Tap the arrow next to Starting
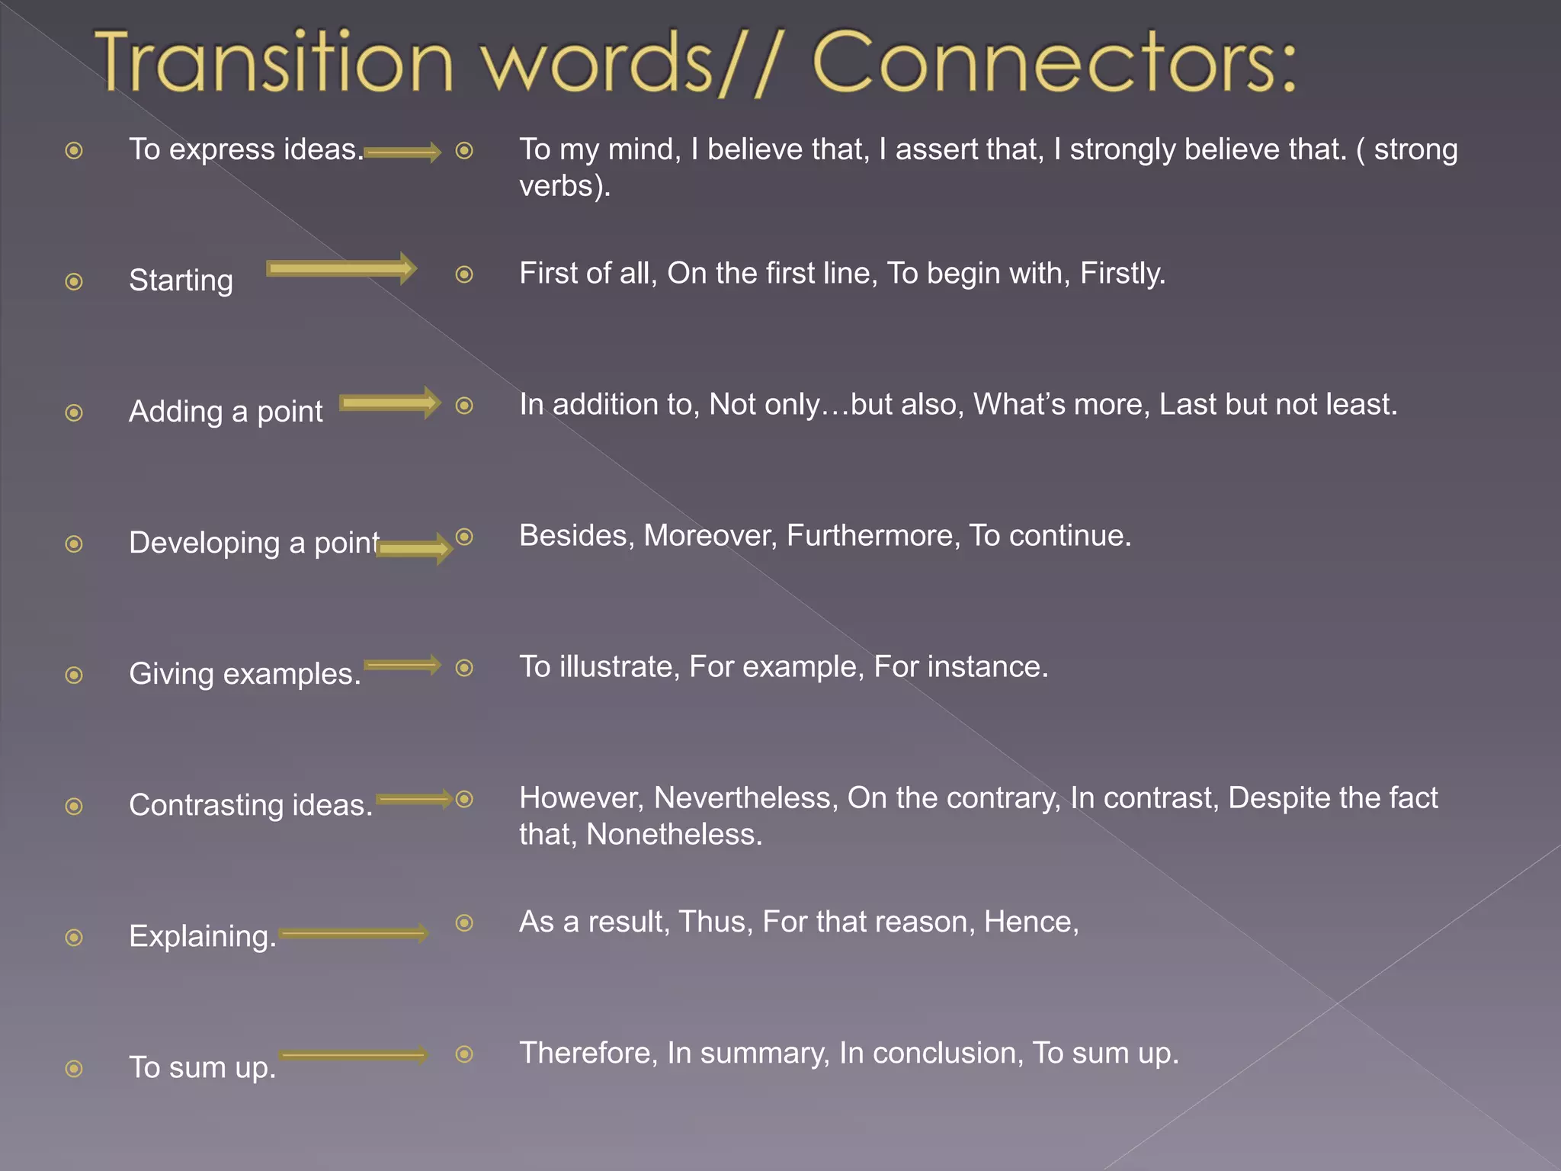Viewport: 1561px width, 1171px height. pyautogui.click(x=341, y=268)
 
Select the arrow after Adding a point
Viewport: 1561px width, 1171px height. pyautogui.click(x=389, y=403)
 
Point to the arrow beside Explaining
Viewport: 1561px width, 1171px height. pyautogui.click(x=354, y=933)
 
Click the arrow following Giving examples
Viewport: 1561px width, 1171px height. pyautogui.click(x=402, y=665)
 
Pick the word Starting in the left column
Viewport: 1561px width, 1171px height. pyautogui.click(x=181, y=281)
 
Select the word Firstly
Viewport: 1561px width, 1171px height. pyautogui.click(x=1122, y=273)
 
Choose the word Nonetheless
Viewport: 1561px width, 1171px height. pyautogui.click(x=674, y=834)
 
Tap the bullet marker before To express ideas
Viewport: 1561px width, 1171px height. pyautogui.click(x=74, y=150)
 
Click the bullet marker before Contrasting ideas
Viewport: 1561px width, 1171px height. pyautogui.click(x=74, y=806)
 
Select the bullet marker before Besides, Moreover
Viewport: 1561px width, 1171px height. pyautogui.click(x=464, y=537)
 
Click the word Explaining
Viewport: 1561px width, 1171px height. pyautogui.click(x=202, y=936)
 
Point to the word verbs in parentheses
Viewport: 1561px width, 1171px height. pyautogui.click(x=559, y=186)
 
